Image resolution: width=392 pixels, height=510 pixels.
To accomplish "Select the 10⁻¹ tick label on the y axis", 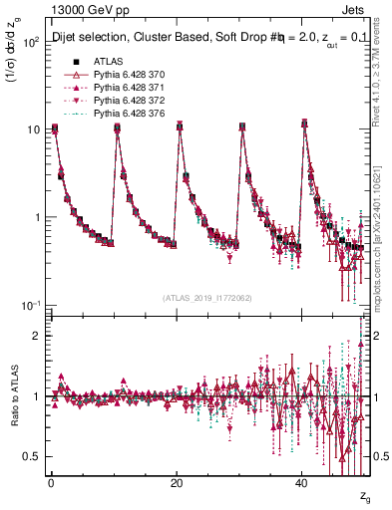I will [x=30, y=305].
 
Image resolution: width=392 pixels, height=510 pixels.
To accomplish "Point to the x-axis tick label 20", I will [x=177, y=483].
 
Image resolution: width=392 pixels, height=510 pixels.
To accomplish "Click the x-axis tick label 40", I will [x=302, y=483].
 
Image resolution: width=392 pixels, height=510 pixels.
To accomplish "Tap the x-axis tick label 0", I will [x=50, y=483].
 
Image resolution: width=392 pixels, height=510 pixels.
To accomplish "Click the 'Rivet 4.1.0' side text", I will [x=384, y=80].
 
